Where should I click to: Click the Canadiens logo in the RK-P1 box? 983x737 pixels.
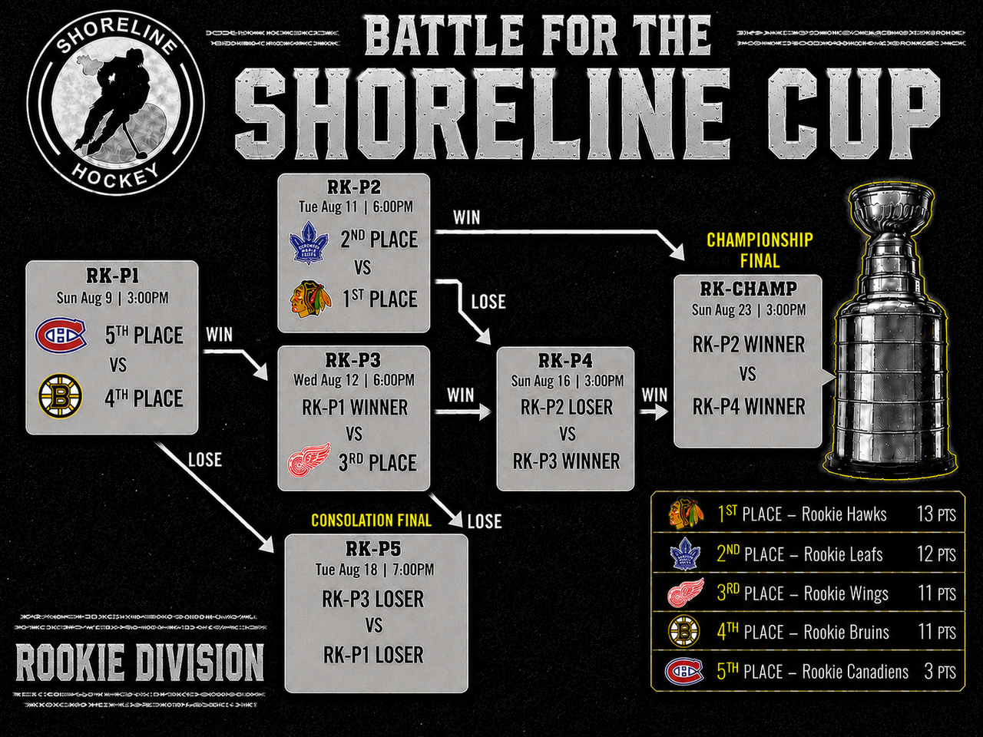[61, 334]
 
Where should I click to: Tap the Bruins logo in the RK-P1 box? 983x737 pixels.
[61, 396]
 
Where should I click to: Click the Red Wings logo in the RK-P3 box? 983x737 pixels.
[309, 460]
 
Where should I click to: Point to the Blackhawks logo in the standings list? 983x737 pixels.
[685, 513]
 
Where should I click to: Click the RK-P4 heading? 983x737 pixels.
[565, 361]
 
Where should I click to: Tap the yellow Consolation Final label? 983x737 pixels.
[371, 520]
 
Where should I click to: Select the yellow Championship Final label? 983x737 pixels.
[760, 250]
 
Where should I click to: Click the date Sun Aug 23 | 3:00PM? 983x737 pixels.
[748, 309]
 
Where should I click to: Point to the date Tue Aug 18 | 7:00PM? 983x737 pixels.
[375, 569]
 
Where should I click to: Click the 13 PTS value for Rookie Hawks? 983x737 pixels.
[936, 514]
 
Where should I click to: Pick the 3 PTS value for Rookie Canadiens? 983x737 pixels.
[939, 671]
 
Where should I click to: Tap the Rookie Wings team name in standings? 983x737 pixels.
[846, 593]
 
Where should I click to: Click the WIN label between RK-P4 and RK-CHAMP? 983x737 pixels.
[654, 395]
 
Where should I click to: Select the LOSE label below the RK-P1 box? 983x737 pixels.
[204, 460]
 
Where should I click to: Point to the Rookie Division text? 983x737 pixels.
[140, 663]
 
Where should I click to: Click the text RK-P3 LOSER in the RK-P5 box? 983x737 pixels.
[373, 599]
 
